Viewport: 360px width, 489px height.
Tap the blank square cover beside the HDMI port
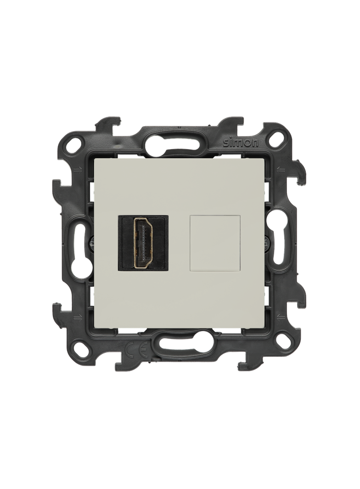215,243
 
